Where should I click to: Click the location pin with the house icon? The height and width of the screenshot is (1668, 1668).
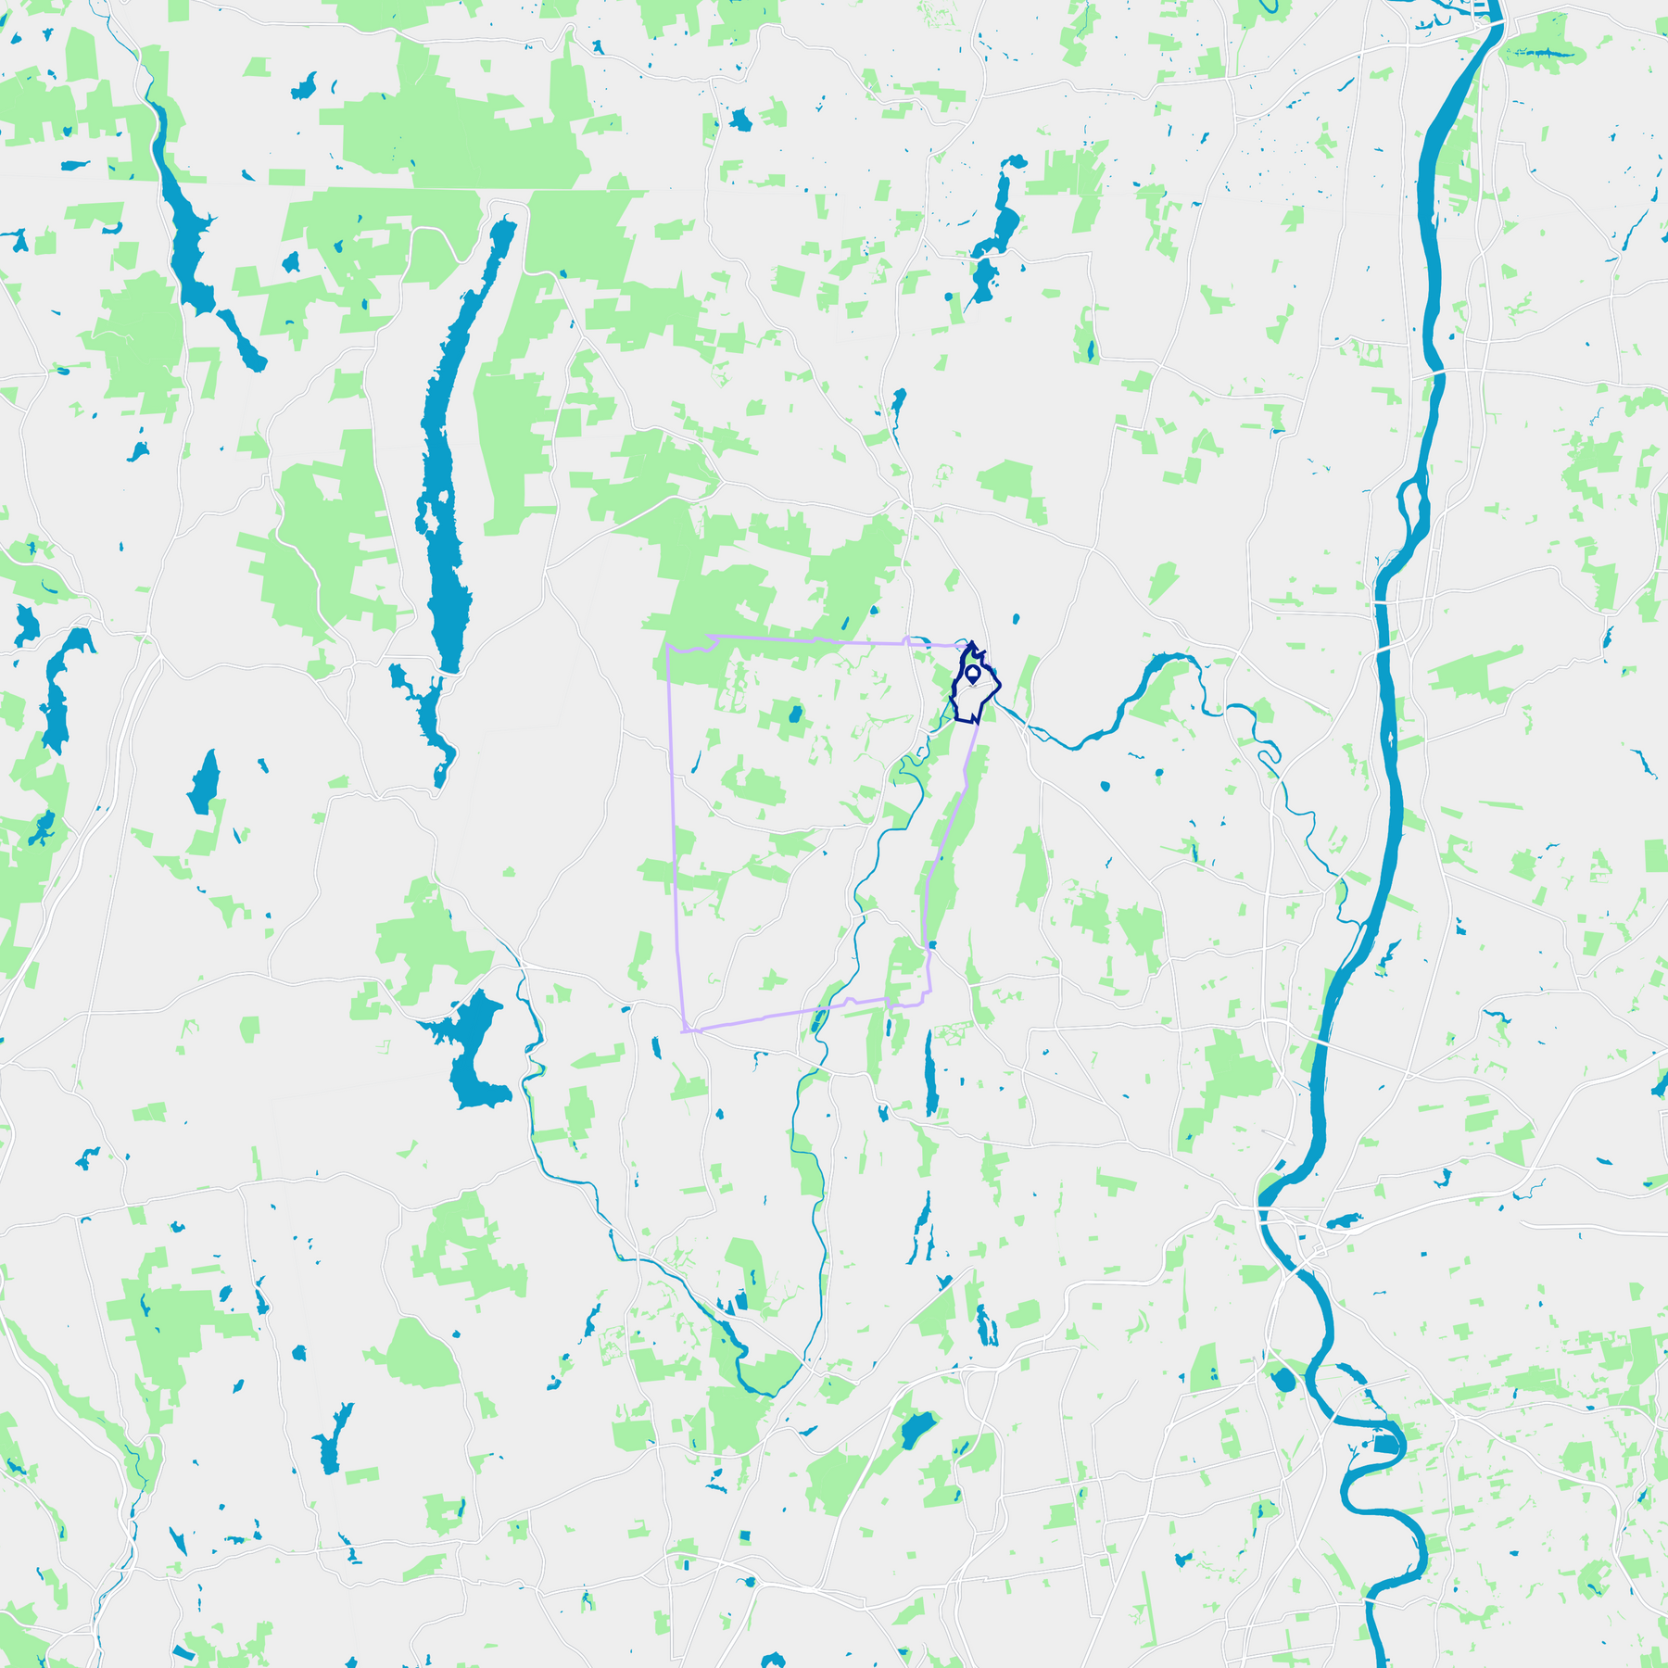(972, 673)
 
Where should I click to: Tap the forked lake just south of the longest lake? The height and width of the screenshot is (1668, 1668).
(428, 714)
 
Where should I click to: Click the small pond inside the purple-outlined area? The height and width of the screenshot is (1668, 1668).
(794, 714)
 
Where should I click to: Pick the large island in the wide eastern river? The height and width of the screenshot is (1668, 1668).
(1412, 505)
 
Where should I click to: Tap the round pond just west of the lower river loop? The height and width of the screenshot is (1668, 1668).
(1284, 1381)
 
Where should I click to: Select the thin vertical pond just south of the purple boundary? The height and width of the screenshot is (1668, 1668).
(930, 1075)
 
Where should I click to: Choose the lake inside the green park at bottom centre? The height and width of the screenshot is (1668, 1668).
(916, 1430)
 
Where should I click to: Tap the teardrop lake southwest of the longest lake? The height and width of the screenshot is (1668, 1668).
(205, 783)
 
